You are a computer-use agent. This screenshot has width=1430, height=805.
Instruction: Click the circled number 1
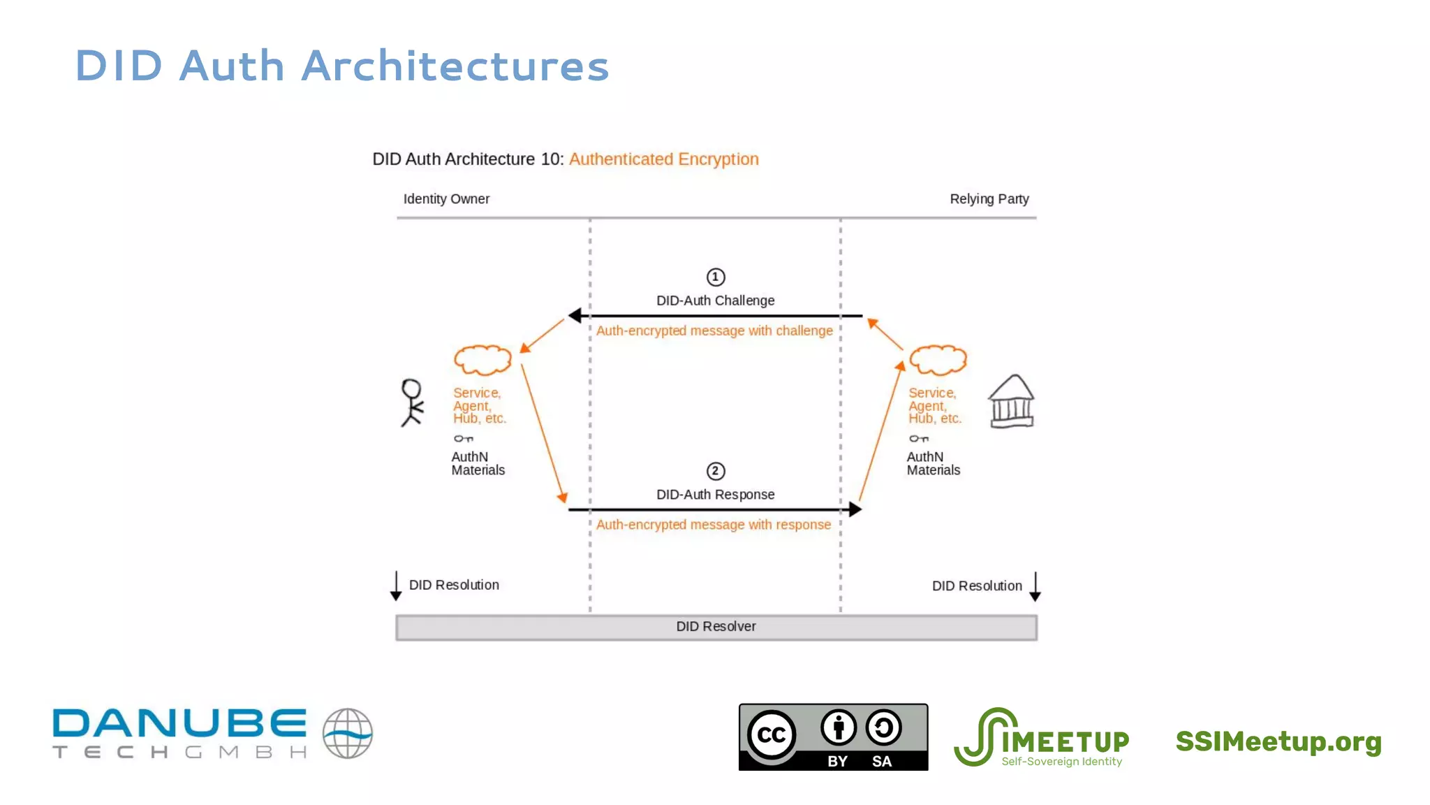tap(715, 277)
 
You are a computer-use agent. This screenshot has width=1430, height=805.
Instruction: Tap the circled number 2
tap(715, 471)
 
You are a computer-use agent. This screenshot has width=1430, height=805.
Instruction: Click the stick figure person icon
tap(412, 402)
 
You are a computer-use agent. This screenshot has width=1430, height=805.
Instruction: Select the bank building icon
tap(1011, 402)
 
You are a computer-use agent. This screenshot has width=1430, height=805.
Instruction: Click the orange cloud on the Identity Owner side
tap(482, 360)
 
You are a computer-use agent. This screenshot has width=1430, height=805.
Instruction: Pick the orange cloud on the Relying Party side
tap(938, 360)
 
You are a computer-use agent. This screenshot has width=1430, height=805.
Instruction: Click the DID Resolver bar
tap(716, 627)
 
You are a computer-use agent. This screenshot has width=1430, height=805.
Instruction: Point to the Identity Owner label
tap(446, 199)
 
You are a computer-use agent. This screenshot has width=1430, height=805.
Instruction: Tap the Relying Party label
tap(989, 199)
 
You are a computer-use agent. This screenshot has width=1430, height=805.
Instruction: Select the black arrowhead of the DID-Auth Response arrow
tap(855, 509)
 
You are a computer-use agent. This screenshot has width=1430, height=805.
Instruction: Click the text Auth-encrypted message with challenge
tap(714, 331)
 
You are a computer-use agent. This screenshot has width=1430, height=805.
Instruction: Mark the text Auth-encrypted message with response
tap(713, 525)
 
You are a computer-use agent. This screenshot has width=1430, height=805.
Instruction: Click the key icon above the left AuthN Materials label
tap(463, 439)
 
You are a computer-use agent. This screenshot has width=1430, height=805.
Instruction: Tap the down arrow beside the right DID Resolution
tap(1035, 587)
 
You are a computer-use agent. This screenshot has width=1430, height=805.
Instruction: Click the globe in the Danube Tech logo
tap(347, 733)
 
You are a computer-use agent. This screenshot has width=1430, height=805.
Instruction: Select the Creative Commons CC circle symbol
tap(772, 734)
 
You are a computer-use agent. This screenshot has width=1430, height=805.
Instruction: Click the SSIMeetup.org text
tap(1278, 741)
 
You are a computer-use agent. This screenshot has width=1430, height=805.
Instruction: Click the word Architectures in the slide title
tap(455, 66)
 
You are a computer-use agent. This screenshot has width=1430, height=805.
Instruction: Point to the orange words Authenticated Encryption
tap(663, 159)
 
